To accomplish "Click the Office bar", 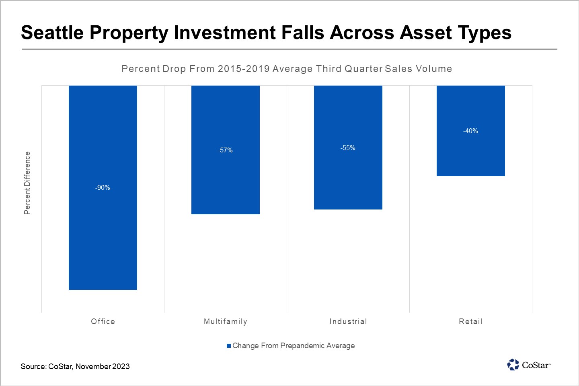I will coord(103,241).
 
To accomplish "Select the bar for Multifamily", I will coord(226,185).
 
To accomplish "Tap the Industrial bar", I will coord(348,181).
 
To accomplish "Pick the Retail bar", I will coord(471,157).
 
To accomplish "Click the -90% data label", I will coord(103,188).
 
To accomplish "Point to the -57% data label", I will coord(226,150).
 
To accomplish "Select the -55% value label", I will coord(348,148).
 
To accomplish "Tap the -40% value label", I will coord(471,131).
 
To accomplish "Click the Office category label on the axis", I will coord(103,321).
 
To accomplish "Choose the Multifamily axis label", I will coord(226,321).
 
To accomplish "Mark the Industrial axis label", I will coord(348,321).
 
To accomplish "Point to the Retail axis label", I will coord(471,321).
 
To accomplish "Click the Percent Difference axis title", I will coord(27,183).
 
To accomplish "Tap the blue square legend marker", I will coord(229,346).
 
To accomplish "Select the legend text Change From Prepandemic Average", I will coord(294,346).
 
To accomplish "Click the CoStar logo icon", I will coord(513,365).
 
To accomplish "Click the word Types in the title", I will coord(485,33).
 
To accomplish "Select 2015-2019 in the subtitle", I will coord(244,69).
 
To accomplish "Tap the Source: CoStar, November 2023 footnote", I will coord(75,366).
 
